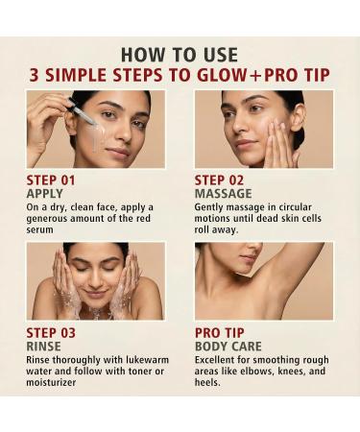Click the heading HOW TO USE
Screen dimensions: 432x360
180,54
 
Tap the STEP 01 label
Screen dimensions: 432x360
55,179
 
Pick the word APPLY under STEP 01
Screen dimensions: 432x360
45,193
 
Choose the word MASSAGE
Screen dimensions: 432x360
222,193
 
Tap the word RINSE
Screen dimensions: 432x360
44,347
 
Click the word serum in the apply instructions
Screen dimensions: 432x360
43,229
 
